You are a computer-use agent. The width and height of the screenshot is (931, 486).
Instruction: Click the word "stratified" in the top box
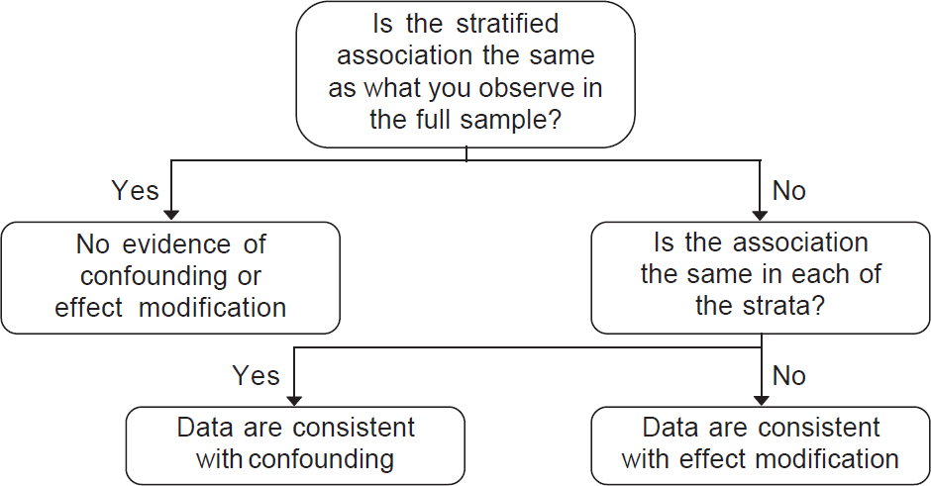[x=507, y=24]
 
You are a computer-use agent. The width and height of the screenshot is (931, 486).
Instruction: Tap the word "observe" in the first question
[x=527, y=88]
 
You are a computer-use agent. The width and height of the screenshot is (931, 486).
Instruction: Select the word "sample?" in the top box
[x=510, y=120]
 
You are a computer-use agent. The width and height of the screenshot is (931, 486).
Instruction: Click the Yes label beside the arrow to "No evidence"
[x=135, y=190]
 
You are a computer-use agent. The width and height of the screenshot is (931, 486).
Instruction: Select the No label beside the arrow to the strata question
[x=788, y=190]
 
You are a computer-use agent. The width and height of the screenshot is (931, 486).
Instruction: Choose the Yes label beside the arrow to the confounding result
[x=256, y=375]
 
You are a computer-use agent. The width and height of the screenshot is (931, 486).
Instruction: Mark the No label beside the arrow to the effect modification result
[x=788, y=375]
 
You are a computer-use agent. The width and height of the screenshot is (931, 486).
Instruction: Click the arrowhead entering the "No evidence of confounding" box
[x=171, y=215]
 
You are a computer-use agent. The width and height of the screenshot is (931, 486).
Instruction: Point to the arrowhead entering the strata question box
[x=760, y=215]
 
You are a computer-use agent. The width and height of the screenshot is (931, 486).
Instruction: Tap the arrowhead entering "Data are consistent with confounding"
[x=294, y=401]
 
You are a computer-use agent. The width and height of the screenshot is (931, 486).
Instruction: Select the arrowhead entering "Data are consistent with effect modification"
[x=762, y=401]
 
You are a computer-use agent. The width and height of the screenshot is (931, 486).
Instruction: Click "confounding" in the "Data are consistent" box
[x=321, y=459]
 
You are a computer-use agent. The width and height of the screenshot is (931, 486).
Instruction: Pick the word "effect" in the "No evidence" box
[x=88, y=308]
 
